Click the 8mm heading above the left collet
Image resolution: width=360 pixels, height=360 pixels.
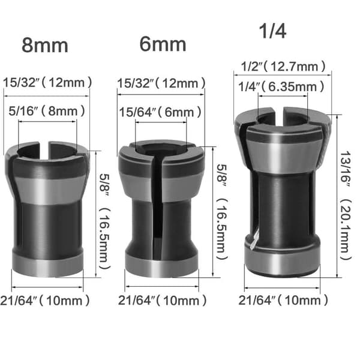coord(45,46)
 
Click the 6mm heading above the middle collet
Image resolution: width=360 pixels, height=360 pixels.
coord(163,44)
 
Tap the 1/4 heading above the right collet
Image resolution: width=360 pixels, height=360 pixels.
coord(272,31)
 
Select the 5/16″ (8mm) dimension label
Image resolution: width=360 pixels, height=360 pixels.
coord(47,111)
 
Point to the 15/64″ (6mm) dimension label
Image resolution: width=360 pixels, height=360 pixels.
coord(160,112)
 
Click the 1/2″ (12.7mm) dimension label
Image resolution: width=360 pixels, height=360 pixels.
coord(283,67)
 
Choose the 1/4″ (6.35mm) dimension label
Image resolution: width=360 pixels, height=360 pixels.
coord(281,87)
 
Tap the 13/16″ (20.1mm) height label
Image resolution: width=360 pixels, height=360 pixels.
coord(346,205)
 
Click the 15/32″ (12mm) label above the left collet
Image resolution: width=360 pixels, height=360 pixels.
coord(47,82)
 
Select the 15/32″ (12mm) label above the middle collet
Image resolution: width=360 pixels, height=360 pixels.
coord(161,83)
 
